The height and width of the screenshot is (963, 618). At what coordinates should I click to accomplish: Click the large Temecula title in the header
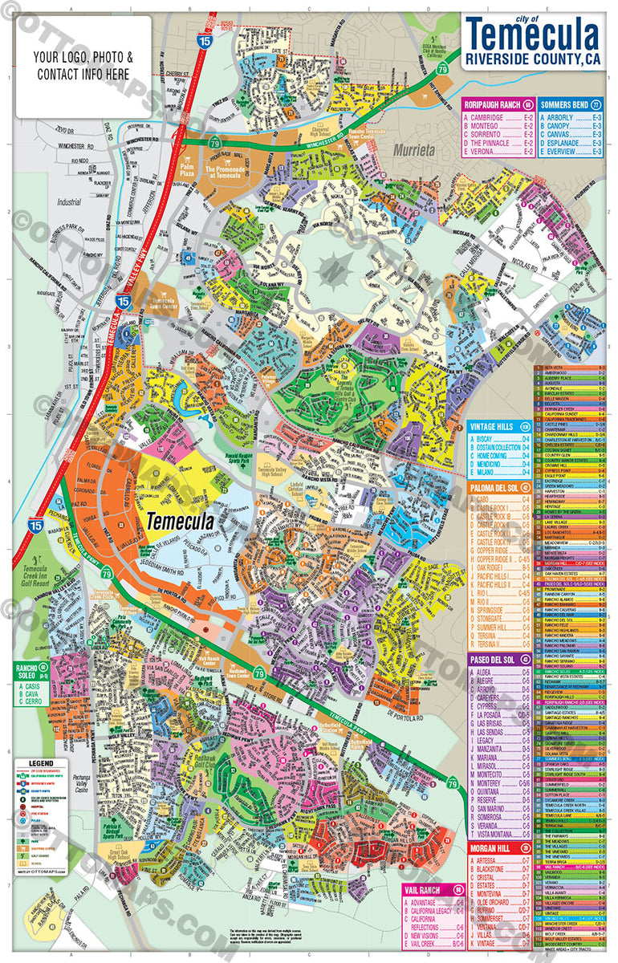click(533, 36)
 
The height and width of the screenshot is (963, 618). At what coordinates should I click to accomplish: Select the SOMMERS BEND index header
click(565, 105)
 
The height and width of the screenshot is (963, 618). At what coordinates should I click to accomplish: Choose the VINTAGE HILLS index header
click(494, 427)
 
